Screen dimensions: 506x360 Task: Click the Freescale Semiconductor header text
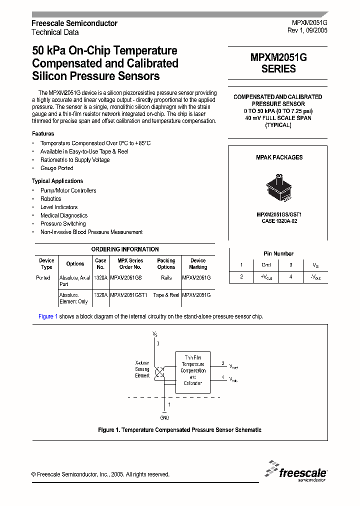coord(74,23)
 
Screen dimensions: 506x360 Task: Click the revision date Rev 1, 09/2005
coord(307,31)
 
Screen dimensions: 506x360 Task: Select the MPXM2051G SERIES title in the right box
coord(278,63)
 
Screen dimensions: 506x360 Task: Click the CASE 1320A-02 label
coord(279,221)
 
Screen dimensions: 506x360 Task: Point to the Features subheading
coord(43,134)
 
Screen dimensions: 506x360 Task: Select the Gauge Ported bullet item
coord(56,168)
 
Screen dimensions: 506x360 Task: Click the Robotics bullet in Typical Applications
coord(50,199)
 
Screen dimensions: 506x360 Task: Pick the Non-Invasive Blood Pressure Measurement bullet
coord(91,232)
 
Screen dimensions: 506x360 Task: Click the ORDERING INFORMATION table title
coord(125,249)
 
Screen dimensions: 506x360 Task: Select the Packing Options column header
coord(166,264)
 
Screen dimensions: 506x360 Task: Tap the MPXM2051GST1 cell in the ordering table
coord(129,295)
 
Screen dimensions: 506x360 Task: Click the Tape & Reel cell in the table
coord(166,295)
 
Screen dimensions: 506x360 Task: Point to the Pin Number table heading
coord(278,254)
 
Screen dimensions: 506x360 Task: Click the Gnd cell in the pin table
coord(266,265)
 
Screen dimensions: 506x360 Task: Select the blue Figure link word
coord(46,316)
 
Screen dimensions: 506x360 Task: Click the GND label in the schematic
coord(164,417)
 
